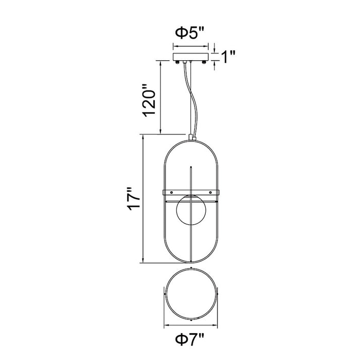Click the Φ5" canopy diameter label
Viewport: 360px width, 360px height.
(190, 33)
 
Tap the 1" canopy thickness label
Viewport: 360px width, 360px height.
(228, 57)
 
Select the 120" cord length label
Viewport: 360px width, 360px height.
(149, 101)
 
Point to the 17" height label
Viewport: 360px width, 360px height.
(133, 199)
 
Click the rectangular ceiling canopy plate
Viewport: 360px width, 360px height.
(191, 57)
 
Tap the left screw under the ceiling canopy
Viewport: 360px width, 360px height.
(177, 62)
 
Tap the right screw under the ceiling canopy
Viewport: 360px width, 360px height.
(204, 62)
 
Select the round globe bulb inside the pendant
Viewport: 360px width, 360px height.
(191, 210)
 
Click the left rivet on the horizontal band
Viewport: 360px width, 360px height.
(171, 192)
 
